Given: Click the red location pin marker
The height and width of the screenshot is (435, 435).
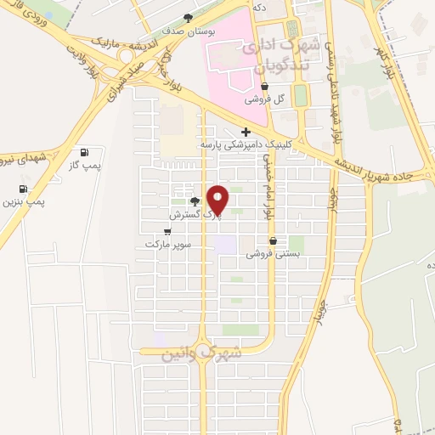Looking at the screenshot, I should click(217, 200).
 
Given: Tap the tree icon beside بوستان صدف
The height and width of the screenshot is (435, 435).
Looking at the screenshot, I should click(189, 17).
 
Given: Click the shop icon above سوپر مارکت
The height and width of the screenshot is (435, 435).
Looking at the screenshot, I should click(167, 231).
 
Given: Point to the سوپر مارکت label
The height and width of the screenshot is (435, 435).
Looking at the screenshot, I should click(167, 244).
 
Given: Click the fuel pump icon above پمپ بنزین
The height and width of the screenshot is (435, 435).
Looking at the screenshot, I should click(22, 189).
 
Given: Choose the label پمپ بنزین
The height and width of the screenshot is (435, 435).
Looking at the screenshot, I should click(23, 202).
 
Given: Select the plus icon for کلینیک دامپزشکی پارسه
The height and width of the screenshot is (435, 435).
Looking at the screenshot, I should click(246, 132).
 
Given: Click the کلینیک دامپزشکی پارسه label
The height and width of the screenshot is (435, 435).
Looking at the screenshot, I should click(246, 145).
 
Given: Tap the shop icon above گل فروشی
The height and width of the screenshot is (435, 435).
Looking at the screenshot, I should click(264, 86).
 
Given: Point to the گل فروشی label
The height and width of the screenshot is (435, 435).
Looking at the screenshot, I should click(263, 99).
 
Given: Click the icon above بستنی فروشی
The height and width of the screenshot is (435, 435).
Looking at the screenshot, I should click(272, 240).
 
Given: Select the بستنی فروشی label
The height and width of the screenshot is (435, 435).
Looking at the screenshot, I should click(272, 253).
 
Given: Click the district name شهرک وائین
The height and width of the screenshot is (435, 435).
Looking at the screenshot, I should click(202, 353).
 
